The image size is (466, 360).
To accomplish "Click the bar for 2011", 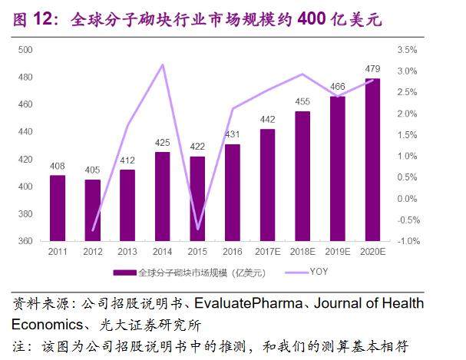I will pos(58,208).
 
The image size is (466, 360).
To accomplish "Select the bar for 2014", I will pos(162,197).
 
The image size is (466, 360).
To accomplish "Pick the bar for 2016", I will pos(232,193).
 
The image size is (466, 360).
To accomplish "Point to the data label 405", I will pos(93,170).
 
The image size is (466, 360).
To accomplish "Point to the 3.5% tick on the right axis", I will pos(408,50).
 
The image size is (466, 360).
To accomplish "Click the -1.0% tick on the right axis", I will pos(408,241).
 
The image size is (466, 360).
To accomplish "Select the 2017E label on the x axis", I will pos(267,252).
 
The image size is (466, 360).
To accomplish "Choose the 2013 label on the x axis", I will pos(127,252).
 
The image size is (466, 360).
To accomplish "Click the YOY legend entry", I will pos(319,272).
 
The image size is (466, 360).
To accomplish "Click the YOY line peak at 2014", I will pos(162,64).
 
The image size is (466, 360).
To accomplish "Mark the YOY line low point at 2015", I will pos(197,229).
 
